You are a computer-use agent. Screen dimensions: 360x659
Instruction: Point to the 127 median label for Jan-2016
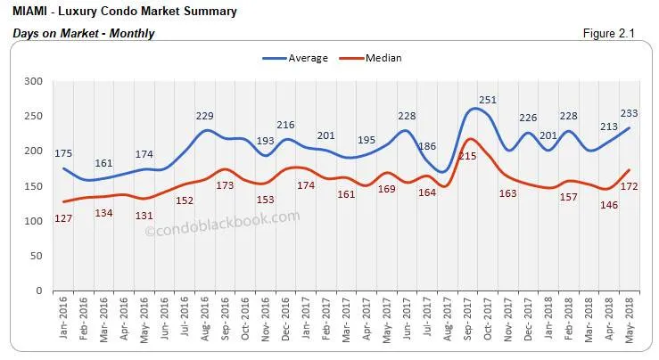pos(63,219)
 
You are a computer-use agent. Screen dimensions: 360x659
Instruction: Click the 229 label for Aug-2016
pos(207,116)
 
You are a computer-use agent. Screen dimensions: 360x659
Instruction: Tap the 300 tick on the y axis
pos(34,81)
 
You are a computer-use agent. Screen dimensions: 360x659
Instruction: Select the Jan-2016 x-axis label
pos(63,323)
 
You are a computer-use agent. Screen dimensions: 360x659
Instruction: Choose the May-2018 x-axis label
pos(630,323)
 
